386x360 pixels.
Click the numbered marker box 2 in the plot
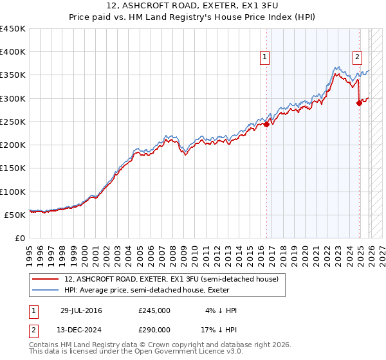(357, 57)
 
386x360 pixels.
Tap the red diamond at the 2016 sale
(266, 125)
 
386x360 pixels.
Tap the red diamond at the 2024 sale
(359, 104)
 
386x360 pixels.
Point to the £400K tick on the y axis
(13, 52)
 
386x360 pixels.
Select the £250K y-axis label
(13, 122)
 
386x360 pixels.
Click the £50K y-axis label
(15, 215)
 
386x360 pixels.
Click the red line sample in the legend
(46, 280)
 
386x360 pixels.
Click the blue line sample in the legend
(46, 291)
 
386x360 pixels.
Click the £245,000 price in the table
(154, 310)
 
